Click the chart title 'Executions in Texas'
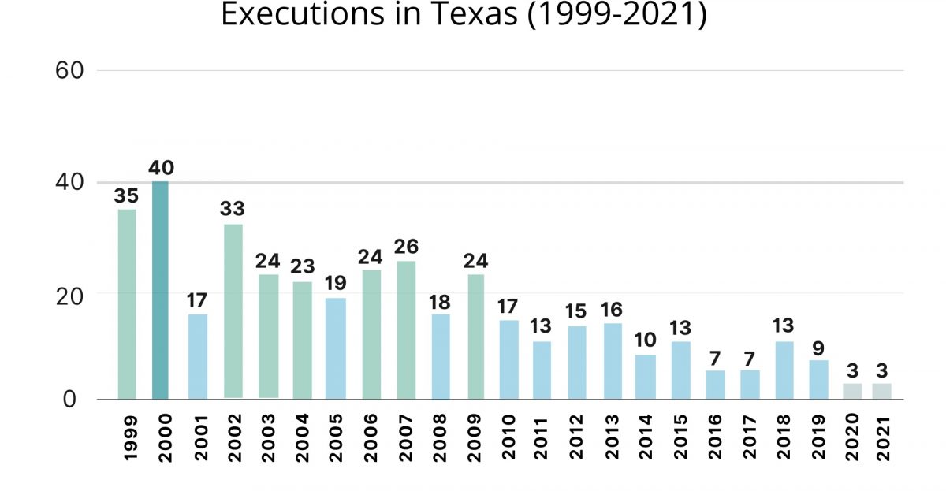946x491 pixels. click(x=464, y=15)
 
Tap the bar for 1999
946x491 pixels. click(x=127, y=303)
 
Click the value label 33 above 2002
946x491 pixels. click(x=233, y=210)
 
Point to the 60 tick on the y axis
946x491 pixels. click(x=70, y=71)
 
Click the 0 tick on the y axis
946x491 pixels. click(x=70, y=400)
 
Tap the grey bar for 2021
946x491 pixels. click(x=882, y=391)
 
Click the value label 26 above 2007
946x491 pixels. click(x=406, y=247)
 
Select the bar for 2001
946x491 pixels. click(x=198, y=356)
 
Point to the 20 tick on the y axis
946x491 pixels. click(x=70, y=294)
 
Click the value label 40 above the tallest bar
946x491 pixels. click(x=161, y=168)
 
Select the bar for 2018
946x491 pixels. click(x=784, y=370)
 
